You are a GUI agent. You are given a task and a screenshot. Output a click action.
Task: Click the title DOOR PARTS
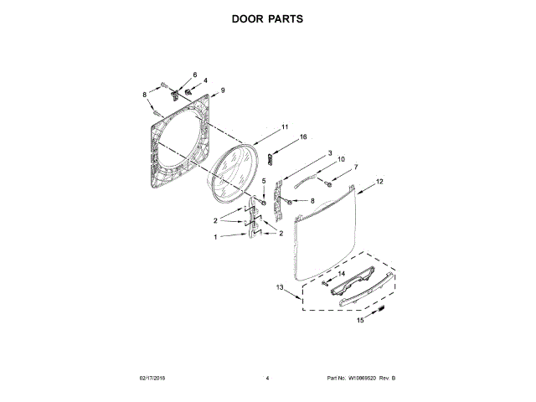click(x=268, y=18)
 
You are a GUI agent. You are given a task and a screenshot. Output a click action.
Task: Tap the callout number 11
click(x=285, y=127)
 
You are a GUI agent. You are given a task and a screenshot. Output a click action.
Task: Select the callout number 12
click(x=379, y=182)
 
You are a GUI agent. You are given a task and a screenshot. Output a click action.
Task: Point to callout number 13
click(x=280, y=287)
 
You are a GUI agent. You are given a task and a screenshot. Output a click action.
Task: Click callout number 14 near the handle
click(x=342, y=274)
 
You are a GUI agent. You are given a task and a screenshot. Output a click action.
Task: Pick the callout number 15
click(x=361, y=319)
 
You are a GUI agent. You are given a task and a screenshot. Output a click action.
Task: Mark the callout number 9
click(x=224, y=90)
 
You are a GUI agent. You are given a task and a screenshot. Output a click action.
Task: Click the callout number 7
click(x=355, y=167)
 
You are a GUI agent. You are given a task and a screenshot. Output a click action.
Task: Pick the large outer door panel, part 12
click(x=331, y=239)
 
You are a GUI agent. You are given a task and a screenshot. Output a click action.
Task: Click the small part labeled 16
click(x=271, y=158)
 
